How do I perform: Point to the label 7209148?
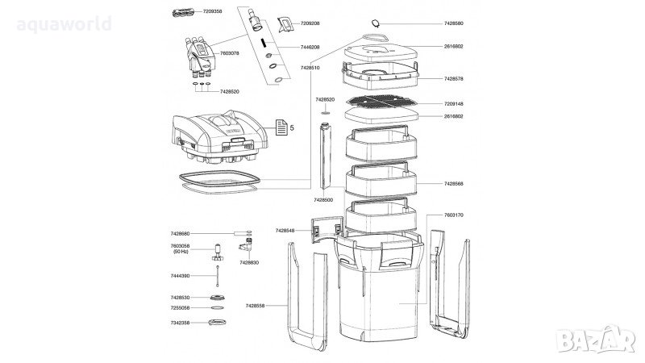point(453,104)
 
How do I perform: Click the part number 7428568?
point(453,184)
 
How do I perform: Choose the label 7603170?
point(453,215)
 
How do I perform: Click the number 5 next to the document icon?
point(292,127)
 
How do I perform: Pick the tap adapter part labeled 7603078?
point(197,55)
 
